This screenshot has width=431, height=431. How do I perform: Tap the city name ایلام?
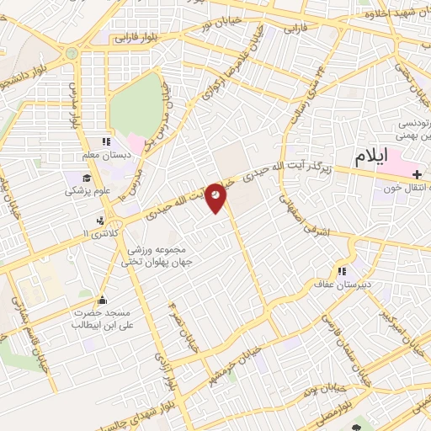[375, 157]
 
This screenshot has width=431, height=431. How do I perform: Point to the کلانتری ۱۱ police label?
[105, 231]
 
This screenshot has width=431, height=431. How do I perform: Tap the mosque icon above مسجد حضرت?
[103, 300]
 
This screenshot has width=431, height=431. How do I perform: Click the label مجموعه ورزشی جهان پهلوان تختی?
[159, 257]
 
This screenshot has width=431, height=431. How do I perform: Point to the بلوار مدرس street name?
[74, 101]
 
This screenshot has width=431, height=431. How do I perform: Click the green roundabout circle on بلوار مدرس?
[71, 53]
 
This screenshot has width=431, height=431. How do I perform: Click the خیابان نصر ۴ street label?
[181, 315]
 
